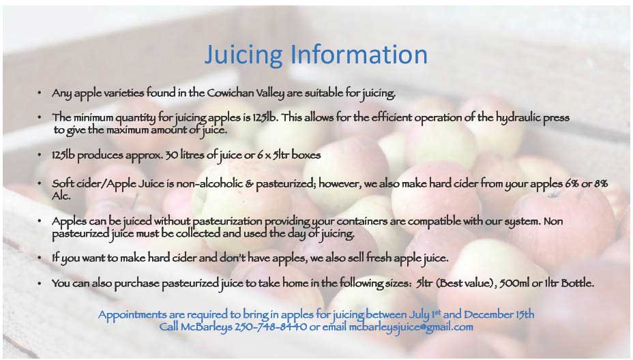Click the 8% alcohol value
(x=601, y=183)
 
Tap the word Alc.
(x=61, y=196)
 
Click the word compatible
(x=434, y=222)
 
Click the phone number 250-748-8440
(x=271, y=327)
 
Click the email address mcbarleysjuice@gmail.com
(x=411, y=327)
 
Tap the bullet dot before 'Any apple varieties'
(x=39, y=93)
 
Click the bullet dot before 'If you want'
(x=39, y=258)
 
